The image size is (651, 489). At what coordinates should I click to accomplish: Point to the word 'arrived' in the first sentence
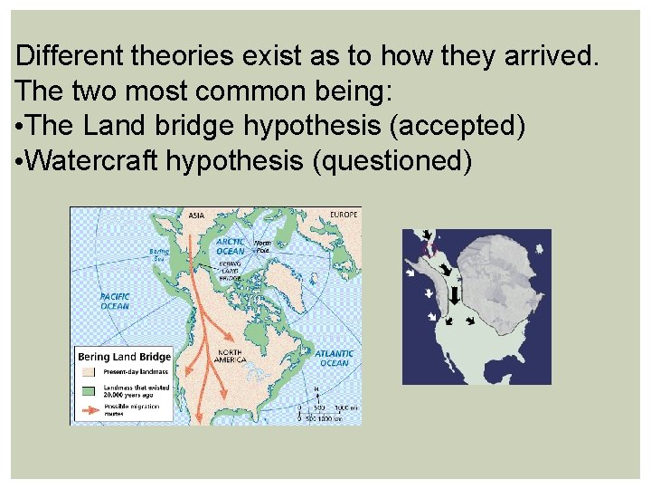coord(546,57)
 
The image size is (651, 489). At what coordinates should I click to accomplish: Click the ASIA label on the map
coord(195,216)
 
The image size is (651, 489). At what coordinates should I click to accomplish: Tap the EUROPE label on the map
coord(344,215)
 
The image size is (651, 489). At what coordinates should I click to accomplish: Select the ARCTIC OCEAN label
coord(230,246)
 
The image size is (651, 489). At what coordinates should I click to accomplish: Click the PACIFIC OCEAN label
coord(114,301)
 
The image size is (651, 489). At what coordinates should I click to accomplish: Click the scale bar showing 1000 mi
coord(330,407)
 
